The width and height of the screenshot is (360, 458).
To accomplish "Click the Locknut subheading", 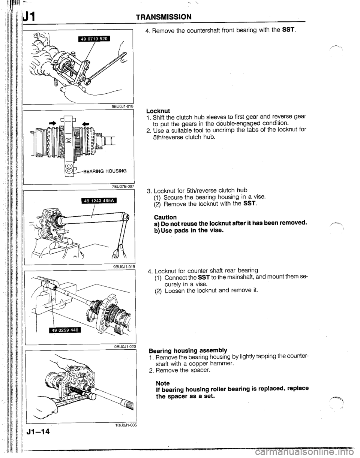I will click(159, 111).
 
